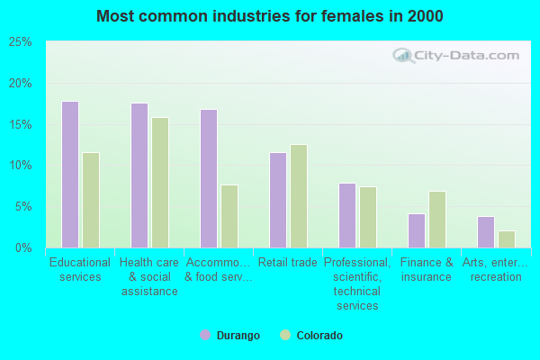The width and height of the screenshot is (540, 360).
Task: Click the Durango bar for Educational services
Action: [70, 175]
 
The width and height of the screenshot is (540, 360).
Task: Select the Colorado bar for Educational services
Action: [91, 200]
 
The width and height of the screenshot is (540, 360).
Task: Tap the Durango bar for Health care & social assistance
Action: [139, 175]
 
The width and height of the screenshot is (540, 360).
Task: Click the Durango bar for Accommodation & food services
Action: [209, 178]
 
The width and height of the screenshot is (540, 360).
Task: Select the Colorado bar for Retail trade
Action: [299, 196]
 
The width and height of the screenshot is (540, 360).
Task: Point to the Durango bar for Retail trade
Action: [278, 200]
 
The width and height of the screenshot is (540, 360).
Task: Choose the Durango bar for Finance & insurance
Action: [417, 230]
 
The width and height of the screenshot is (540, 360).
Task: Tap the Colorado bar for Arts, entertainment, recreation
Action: [507, 239]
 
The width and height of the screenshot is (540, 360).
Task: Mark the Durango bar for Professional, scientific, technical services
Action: [347, 215]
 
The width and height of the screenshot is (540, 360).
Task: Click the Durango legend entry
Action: [230, 336]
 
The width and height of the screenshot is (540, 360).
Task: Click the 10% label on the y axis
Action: [20, 166]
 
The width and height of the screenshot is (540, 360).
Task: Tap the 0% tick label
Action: [23, 247]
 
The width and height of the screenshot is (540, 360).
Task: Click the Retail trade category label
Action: [288, 263]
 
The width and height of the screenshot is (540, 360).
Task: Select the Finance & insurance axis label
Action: [427, 270]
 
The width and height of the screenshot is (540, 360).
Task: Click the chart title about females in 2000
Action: [270, 16]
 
